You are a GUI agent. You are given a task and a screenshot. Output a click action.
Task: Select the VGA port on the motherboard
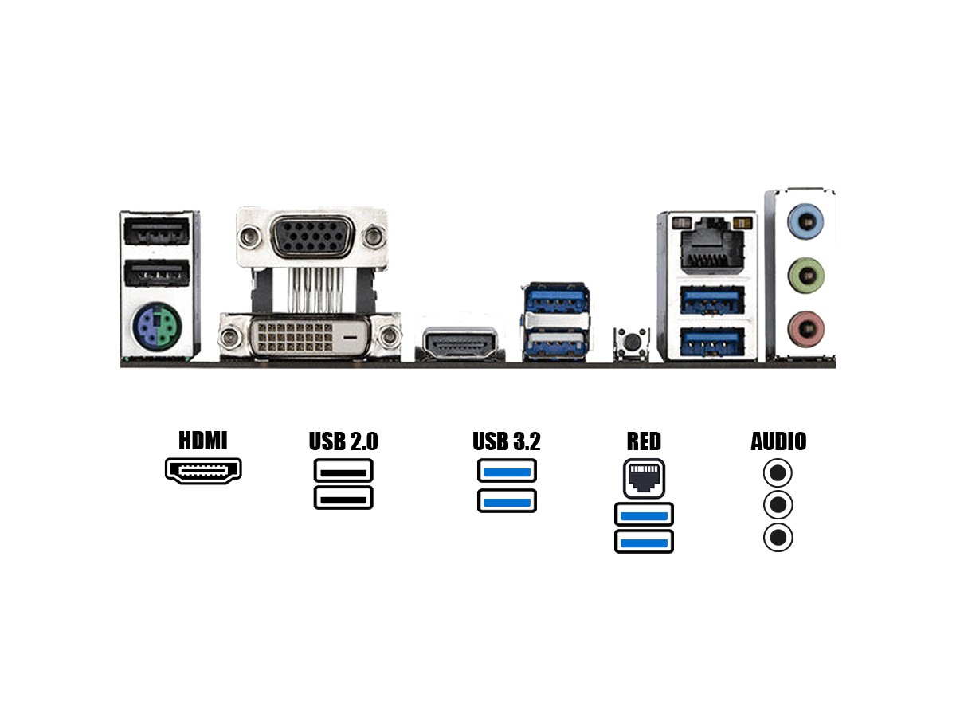tap(311, 237)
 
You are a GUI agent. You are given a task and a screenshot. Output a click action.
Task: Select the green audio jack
tap(805, 276)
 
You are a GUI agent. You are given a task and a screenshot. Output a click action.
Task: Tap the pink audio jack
tap(805, 327)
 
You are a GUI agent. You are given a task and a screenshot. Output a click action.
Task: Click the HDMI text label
tap(203, 441)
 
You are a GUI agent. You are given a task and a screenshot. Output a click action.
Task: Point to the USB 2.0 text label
tap(343, 441)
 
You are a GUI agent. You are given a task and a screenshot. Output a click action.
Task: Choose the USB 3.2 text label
tap(507, 441)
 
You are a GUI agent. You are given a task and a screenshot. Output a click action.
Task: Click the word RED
tap(644, 441)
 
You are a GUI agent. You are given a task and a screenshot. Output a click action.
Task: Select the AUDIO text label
tap(778, 441)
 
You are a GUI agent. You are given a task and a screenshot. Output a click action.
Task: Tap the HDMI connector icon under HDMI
tap(203, 471)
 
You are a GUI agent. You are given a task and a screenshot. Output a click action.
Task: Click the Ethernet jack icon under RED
tap(644, 477)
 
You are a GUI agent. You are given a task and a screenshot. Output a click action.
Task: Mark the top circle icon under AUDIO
tap(778, 473)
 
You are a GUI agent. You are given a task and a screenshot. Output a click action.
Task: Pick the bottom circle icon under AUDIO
tap(778, 538)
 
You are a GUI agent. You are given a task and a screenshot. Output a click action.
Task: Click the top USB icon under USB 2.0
tap(343, 471)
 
